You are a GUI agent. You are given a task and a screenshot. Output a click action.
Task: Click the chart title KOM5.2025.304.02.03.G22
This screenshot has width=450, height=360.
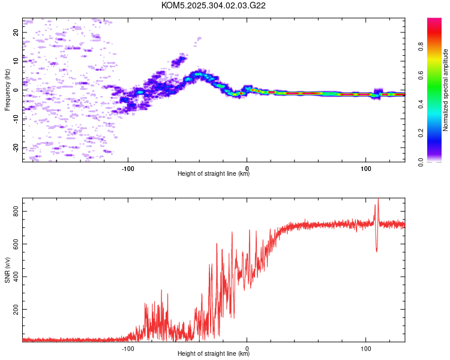click(213, 5)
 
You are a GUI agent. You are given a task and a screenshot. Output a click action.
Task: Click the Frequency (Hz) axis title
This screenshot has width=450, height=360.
click(7, 90)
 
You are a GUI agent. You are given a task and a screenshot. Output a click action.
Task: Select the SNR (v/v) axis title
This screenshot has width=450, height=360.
click(7, 270)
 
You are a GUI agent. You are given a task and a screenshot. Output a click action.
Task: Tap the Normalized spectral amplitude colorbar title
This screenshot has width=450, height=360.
click(445, 90)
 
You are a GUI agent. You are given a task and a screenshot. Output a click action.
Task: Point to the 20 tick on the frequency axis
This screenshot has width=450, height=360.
click(16, 32)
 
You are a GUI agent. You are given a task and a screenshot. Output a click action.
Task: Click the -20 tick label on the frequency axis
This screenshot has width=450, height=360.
click(16, 148)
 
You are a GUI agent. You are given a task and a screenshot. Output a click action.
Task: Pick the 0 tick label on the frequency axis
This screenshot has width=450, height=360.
click(16, 90)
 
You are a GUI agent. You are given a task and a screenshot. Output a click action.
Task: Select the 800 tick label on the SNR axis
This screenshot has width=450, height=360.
click(16, 211)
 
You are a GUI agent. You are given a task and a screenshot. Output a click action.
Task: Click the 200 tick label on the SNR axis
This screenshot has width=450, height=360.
click(16, 310)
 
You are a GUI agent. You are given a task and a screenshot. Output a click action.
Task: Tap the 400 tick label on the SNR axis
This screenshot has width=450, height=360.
click(16, 277)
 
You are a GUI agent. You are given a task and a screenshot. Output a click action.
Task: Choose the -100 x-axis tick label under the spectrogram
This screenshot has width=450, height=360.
click(128, 169)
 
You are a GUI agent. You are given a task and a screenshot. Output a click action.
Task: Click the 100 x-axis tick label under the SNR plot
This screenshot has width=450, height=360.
click(365, 349)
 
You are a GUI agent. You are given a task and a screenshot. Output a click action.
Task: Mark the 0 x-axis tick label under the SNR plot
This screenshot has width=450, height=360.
click(247, 349)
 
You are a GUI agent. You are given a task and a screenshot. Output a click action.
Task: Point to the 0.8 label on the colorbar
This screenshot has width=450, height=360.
click(421, 47)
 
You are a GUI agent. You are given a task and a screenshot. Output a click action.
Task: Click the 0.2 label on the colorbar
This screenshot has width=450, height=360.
click(421, 133)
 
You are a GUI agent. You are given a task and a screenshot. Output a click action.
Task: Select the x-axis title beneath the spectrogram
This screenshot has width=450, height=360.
click(214, 173)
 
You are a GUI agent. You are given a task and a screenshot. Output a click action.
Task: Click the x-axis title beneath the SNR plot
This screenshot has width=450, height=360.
click(214, 353)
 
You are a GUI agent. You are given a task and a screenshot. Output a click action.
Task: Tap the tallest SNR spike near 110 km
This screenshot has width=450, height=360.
click(378, 199)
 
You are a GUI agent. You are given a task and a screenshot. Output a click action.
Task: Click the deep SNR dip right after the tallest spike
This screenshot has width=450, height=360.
click(377, 251)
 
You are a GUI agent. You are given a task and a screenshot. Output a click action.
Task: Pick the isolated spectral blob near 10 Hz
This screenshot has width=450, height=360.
click(179, 61)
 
